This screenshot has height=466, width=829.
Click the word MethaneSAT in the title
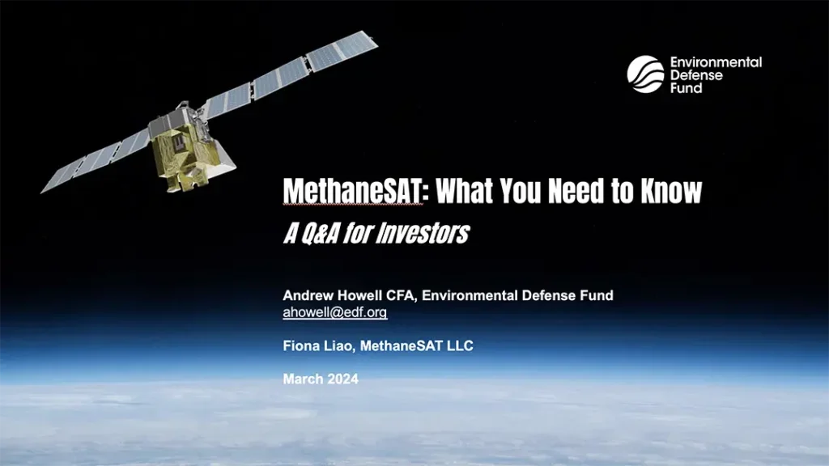(353, 191)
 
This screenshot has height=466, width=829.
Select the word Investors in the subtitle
(423, 233)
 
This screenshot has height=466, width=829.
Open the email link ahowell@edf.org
(334, 312)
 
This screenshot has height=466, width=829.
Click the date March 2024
(321, 379)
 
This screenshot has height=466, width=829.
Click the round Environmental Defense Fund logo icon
(645, 74)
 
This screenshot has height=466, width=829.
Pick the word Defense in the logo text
(696, 75)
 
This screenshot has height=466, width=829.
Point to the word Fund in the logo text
(687, 88)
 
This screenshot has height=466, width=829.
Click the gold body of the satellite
(180, 153)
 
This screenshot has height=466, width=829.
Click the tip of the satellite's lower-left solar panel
(42, 191)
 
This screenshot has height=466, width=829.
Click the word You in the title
(521, 191)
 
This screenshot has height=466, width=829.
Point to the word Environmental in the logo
(716, 62)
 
